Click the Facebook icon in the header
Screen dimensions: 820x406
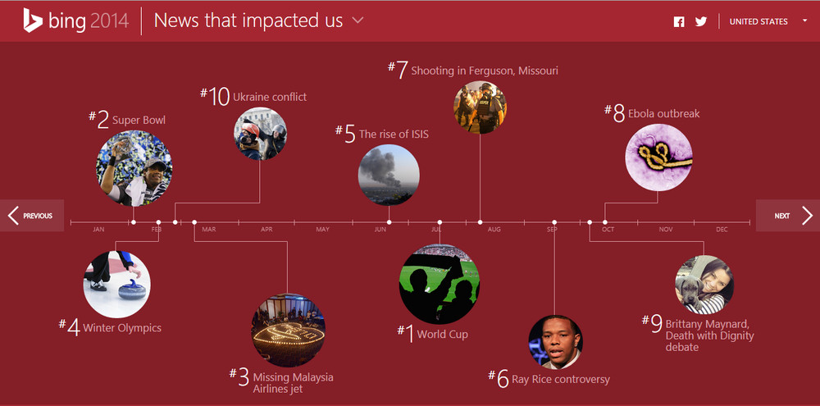[679, 22]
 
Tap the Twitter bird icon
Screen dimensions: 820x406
[701, 22]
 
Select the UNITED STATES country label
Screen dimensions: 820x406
[758, 22]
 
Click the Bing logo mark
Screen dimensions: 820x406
[33, 21]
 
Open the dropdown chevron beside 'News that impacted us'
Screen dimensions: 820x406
[358, 21]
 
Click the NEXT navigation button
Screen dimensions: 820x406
[788, 216]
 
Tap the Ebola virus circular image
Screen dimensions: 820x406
[658, 157]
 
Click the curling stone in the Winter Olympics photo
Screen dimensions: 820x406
[131, 290]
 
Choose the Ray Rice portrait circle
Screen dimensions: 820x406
[555, 342]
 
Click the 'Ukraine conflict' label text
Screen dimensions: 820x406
[270, 98]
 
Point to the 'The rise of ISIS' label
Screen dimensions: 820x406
[394, 135]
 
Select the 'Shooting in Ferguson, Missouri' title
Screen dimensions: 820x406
[485, 71]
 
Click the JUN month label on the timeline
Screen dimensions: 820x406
[380, 230]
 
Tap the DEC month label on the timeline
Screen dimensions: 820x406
[722, 230]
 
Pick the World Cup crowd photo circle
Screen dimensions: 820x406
[440, 284]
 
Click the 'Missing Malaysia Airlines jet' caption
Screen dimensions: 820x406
[293, 383]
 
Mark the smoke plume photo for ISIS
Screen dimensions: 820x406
[389, 175]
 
